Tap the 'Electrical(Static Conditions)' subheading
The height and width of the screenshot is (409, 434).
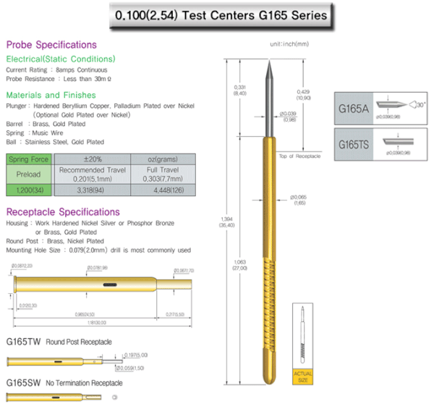(x=60, y=59)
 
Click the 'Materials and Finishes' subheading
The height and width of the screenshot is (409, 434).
(x=51, y=95)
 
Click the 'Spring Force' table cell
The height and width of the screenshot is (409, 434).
(x=29, y=159)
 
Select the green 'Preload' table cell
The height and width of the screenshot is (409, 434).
(x=29, y=174)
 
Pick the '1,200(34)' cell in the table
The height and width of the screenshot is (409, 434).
(x=29, y=190)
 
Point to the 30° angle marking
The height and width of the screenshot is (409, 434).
(x=421, y=104)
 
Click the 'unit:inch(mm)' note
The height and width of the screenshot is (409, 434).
(x=289, y=44)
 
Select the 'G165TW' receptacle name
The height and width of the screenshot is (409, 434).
(x=22, y=341)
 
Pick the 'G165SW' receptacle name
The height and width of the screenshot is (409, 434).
(x=22, y=382)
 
